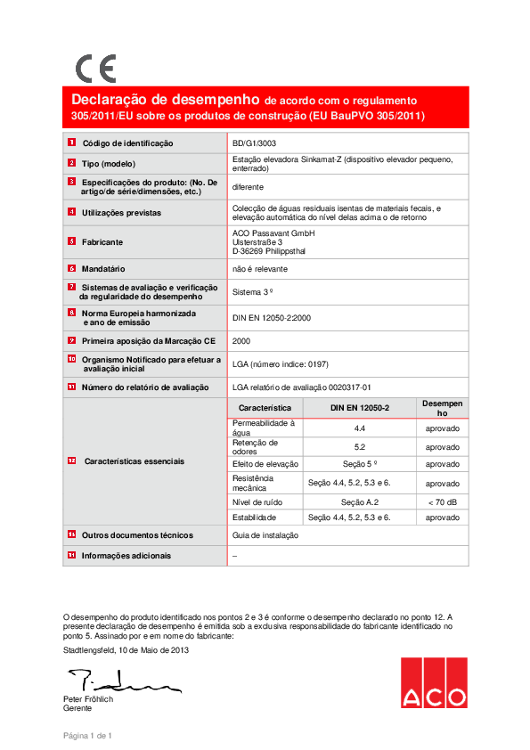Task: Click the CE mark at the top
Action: tap(94, 69)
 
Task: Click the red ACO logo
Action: tap(433, 682)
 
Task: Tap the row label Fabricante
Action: tap(102, 241)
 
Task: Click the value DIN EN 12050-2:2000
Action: tap(271, 316)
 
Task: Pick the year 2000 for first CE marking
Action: tap(241, 340)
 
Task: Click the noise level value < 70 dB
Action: tap(443, 502)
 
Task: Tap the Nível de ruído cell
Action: tap(257, 502)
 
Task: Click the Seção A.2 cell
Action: tap(361, 502)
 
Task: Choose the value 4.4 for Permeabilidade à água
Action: tap(361, 428)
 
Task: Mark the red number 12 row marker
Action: tap(71, 461)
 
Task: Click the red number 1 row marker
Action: tap(71, 143)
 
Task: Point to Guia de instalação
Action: tap(265, 535)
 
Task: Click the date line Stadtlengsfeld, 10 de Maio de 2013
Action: tap(126, 650)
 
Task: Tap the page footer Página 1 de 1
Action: tap(86, 735)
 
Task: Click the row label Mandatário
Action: tap(103, 268)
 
